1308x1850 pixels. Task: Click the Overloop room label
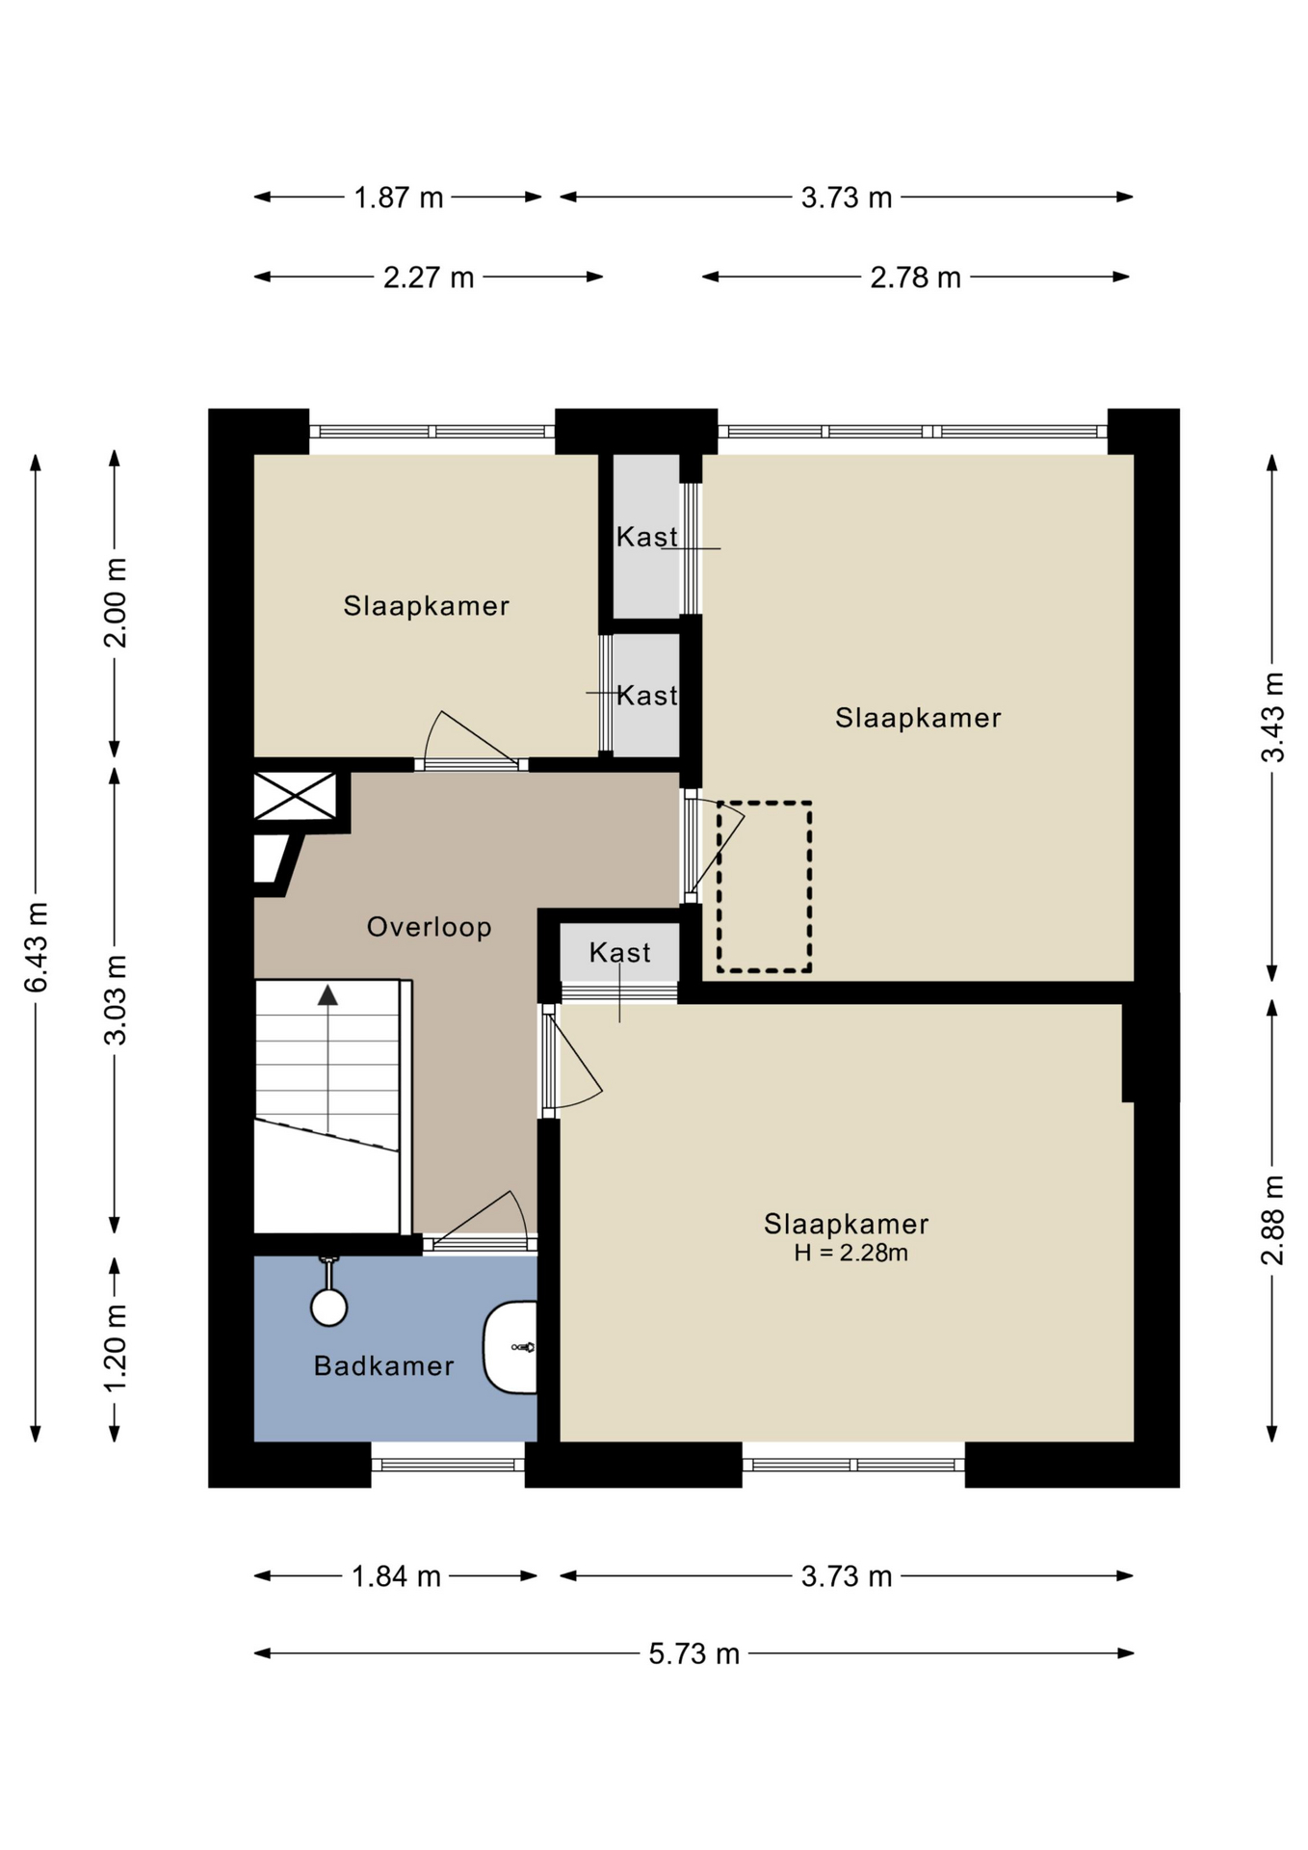429,927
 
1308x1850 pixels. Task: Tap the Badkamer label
383,1365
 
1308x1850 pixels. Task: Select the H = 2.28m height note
850,1253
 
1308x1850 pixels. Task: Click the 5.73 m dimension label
693,1653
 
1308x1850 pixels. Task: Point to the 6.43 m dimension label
36,947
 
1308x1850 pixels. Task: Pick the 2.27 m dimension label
429,277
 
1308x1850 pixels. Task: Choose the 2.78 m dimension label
915,277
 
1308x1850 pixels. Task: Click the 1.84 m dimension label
396,1576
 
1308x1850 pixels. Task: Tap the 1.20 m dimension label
116,1348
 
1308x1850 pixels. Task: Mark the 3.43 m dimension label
1272,717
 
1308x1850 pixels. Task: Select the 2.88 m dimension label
1272,1220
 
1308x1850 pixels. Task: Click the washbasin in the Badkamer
510,1347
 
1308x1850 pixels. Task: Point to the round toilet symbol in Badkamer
329,1307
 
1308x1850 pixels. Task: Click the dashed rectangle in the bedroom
764,886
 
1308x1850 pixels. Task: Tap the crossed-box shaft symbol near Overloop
295,797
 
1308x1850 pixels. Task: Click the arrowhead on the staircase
328,995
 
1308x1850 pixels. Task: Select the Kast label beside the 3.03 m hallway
620,953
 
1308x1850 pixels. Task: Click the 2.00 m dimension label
116,602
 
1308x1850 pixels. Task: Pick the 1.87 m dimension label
399,198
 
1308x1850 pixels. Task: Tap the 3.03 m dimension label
116,1000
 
